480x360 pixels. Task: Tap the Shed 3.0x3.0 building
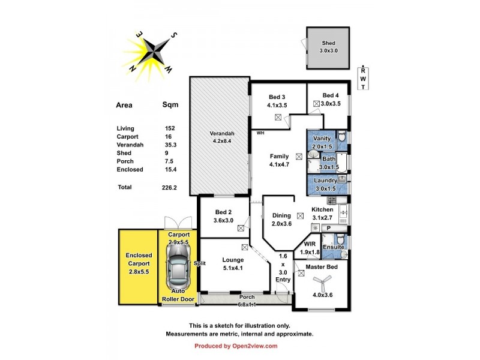(328, 47)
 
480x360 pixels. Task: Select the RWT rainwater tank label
(362, 79)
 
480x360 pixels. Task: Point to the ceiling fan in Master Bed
(322, 281)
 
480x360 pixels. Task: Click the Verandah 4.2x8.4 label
(221, 137)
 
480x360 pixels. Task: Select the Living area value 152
(170, 128)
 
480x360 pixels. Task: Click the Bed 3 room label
(277, 101)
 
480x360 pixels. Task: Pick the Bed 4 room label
(331, 99)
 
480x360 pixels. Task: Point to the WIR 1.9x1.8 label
(310, 248)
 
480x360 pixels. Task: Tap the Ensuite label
(333, 247)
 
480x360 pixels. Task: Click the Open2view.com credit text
(236, 346)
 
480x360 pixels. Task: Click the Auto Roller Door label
(178, 295)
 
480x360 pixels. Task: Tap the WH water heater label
(260, 133)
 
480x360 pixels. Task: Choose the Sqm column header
(170, 104)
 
